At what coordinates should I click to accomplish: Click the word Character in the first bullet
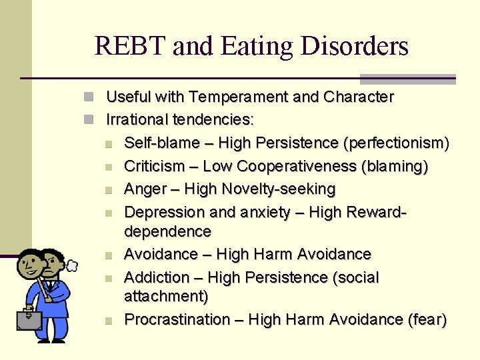[x=359, y=97]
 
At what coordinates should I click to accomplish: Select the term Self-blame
[x=162, y=143]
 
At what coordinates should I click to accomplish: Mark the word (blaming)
[x=394, y=166]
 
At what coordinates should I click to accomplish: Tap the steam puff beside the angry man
[x=72, y=265]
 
